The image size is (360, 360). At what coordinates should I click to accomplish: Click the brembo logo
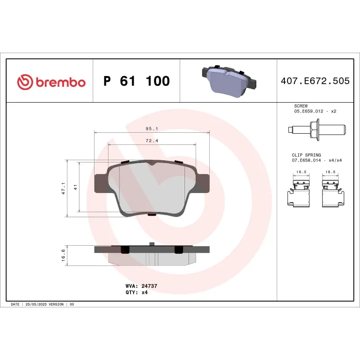pos(51,81)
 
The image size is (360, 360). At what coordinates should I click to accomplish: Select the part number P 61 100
pos(136,81)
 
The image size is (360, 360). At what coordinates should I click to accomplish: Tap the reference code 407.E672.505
pos(315,81)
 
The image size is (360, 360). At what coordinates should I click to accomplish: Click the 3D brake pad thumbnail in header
pos(228,80)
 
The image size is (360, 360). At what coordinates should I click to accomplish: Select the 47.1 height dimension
pos(63,188)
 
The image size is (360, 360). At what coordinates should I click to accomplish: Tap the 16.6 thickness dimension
pos(63,255)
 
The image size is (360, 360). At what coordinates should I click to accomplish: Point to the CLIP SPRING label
pos(306,155)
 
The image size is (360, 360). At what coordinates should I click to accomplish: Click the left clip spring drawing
pos(299,193)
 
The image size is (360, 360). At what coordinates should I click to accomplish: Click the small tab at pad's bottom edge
pos(152,215)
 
